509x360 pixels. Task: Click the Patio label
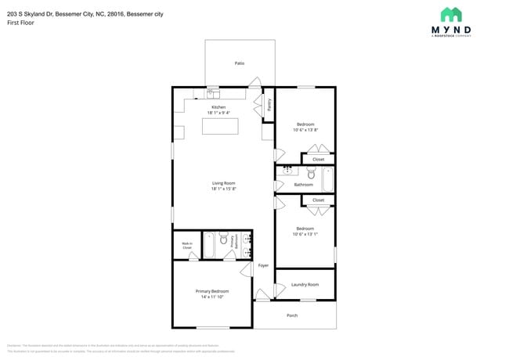(x=240, y=63)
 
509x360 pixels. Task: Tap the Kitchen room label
(x=218, y=107)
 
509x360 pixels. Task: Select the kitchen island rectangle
(x=220, y=125)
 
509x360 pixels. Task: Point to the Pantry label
(x=269, y=105)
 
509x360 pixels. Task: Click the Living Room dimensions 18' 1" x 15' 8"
(x=223, y=189)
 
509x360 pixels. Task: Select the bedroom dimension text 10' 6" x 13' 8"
(x=305, y=130)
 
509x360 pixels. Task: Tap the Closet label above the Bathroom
(x=318, y=159)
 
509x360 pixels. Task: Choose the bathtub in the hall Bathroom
(x=328, y=179)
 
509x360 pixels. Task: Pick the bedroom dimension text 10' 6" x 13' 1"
(x=305, y=234)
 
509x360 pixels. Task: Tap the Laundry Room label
(x=305, y=284)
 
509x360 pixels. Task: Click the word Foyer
(x=263, y=265)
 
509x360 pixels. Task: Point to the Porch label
(x=292, y=315)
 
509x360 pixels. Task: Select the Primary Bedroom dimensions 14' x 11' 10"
(x=212, y=297)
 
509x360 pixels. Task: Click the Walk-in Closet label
(x=187, y=246)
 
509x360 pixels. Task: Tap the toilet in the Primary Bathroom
(x=223, y=239)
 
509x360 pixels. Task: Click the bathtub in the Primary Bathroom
(x=209, y=244)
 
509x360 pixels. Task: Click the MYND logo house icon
(x=450, y=14)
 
